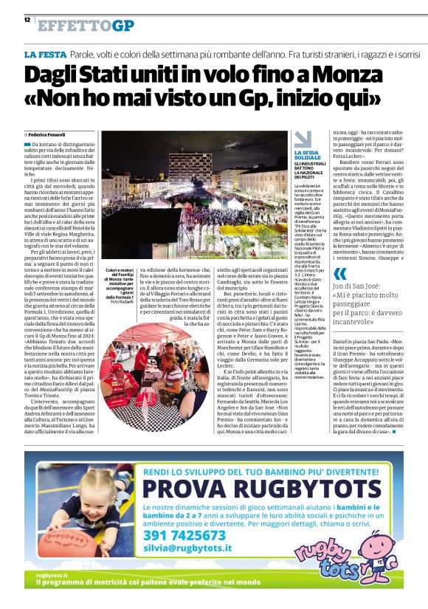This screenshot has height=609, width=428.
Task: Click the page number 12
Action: coord(27,20)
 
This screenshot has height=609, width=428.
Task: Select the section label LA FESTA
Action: coord(46,55)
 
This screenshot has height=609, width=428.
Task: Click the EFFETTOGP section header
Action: coord(86,26)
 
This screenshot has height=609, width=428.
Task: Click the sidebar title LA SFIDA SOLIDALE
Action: coord(308,155)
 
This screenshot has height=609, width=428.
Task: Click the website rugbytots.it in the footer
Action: coord(52,574)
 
